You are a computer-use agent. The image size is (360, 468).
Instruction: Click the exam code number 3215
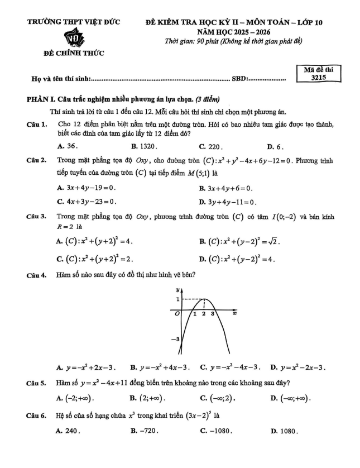point(320,78)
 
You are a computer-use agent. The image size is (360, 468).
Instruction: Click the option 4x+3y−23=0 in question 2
point(90,202)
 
